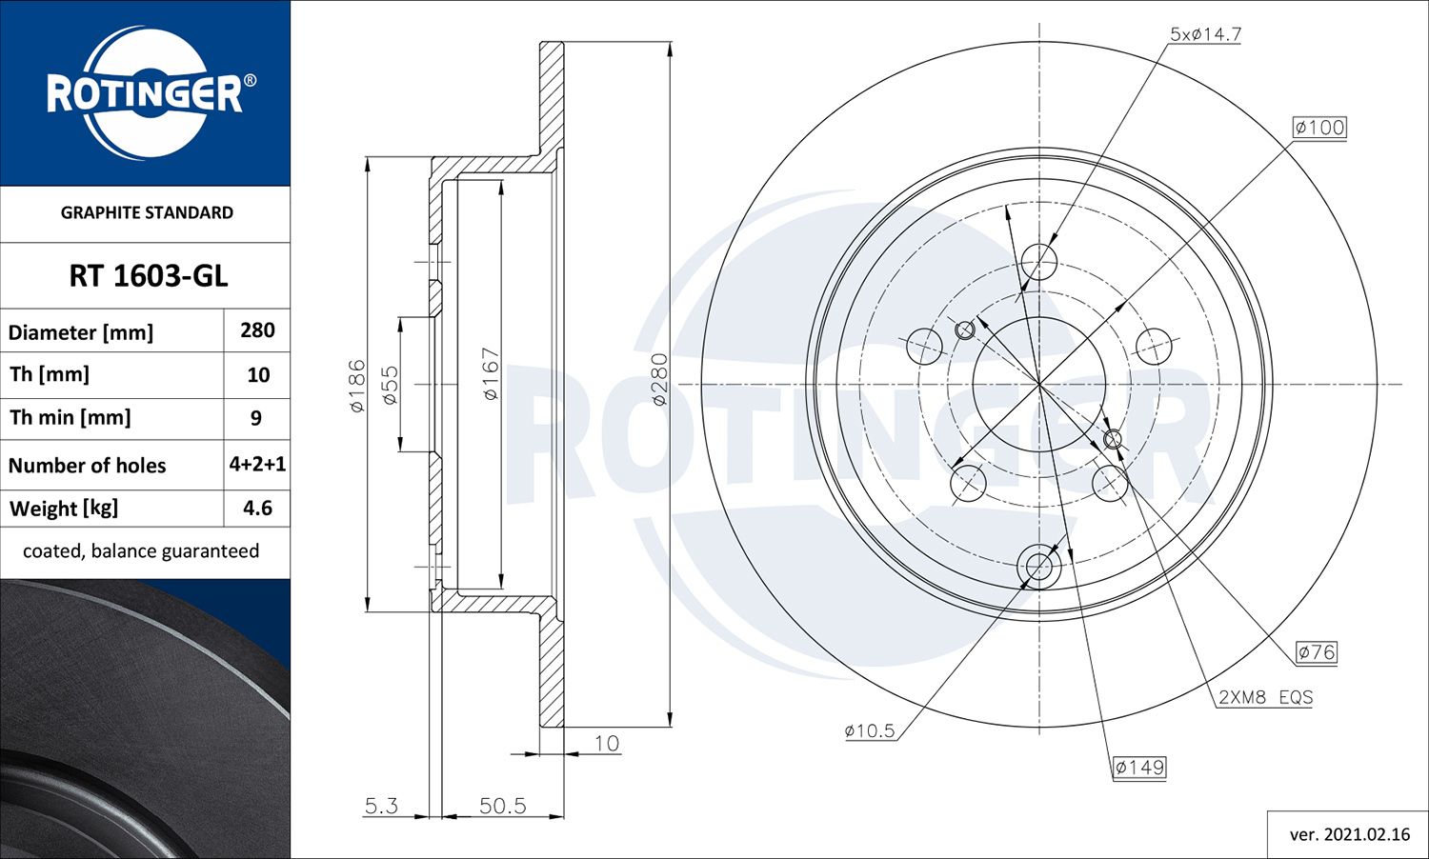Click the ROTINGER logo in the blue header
(145, 93)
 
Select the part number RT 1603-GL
(148, 276)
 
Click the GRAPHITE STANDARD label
(147, 212)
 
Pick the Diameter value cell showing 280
(257, 330)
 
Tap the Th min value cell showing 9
(255, 418)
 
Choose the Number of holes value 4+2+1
(257, 464)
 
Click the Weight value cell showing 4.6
(257, 509)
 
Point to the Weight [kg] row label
(64, 509)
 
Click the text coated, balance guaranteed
(141, 551)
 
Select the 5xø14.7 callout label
(1205, 34)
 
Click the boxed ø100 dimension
(1319, 128)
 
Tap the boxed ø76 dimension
(1317, 652)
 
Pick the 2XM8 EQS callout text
(1265, 697)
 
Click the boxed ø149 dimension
(1139, 768)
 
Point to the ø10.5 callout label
(869, 731)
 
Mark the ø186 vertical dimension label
(357, 385)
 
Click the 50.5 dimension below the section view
(502, 806)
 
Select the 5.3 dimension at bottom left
(381, 806)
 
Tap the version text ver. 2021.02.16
(1349, 834)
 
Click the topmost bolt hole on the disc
(1038, 261)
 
